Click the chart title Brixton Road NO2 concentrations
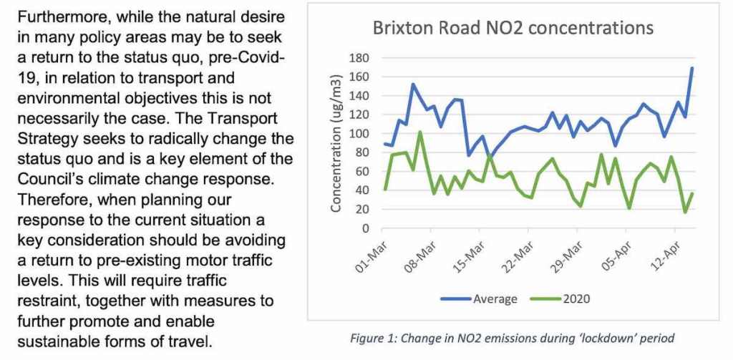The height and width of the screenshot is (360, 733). [513, 28]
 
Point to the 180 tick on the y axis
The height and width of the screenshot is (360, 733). [359, 58]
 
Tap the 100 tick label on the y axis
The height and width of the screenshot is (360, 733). [359, 134]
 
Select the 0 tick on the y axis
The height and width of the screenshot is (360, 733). [364, 229]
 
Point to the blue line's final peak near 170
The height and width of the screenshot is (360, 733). [692, 68]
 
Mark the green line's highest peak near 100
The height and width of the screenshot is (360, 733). [419, 132]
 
